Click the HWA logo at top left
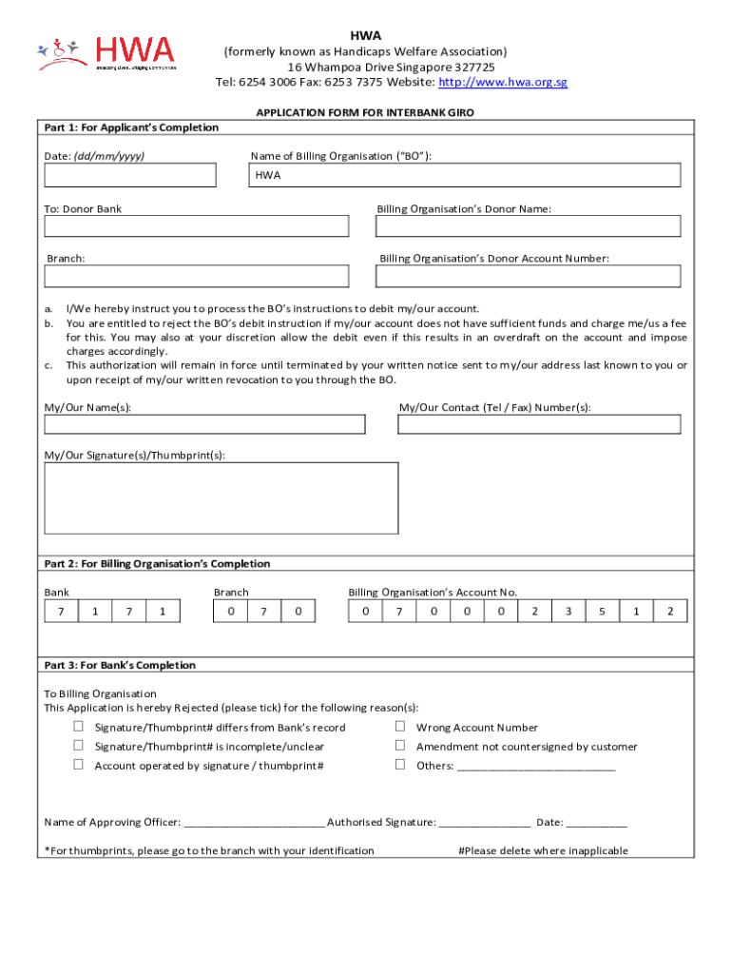click(x=106, y=53)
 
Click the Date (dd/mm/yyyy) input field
click(x=130, y=175)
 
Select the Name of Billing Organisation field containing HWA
click(x=465, y=175)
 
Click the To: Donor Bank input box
click(x=196, y=226)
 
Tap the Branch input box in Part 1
click(x=196, y=276)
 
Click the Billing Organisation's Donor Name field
click(x=529, y=226)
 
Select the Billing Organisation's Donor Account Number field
click(x=529, y=276)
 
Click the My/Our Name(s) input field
click(x=204, y=424)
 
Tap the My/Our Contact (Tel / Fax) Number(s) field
click(x=539, y=424)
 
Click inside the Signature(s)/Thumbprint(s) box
click(x=222, y=497)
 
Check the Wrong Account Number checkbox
click(x=400, y=727)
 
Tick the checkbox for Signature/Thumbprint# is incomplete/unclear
click(x=79, y=746)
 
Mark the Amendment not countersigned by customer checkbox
click(x=400, y=746)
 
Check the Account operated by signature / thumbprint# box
click(x=79, y=765)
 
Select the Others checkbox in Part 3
click(x=400, y=765)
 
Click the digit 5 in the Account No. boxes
click(x=602, y=612)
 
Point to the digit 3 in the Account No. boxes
click(x=568, y=612)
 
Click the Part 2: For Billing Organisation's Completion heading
click(x=158, y=564)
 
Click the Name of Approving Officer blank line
click(x=254, y=824)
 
